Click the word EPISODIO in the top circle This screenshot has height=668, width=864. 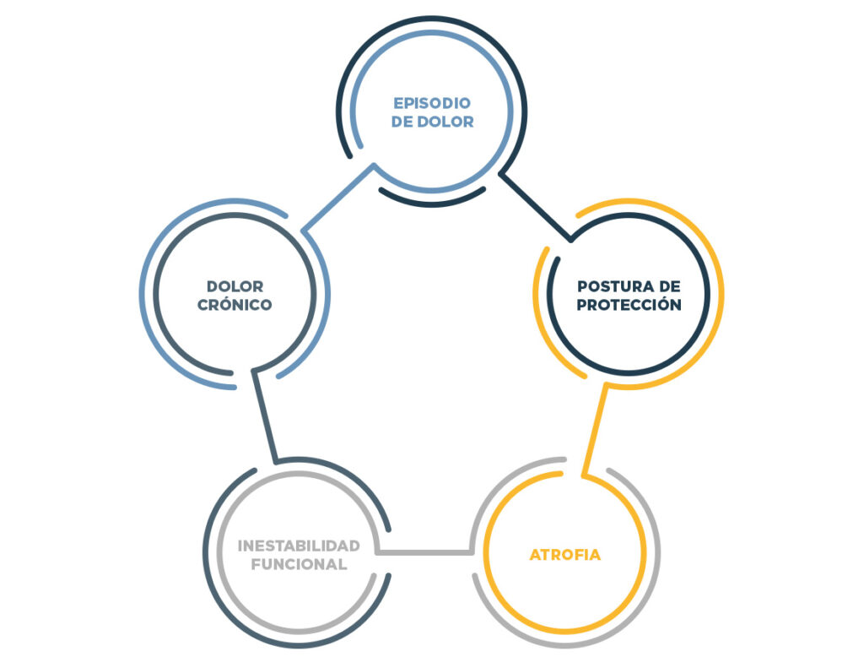pos(433,103)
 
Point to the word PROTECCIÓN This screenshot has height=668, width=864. pos(629,305)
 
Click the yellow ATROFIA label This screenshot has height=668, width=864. pos(565,555)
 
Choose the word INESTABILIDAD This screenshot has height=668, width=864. pos(299,545)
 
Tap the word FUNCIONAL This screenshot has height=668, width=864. pos(299,564)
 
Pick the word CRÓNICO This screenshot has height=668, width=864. pos(235,305)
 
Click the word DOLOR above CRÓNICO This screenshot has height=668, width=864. pos(235,286)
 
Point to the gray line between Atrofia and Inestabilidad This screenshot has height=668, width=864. pos(424,552)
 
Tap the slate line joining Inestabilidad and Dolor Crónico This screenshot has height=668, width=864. pos(264,415)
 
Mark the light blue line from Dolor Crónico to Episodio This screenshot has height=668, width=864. pos(337,197)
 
